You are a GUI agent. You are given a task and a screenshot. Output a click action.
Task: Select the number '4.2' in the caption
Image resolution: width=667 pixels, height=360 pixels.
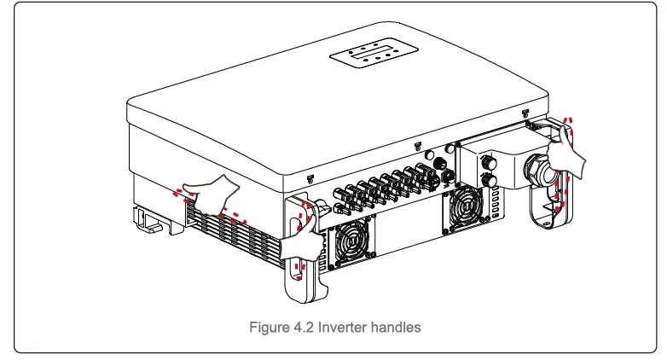(301, 328)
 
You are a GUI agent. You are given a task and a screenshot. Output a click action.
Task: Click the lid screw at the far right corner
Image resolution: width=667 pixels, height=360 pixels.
(525, 112)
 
